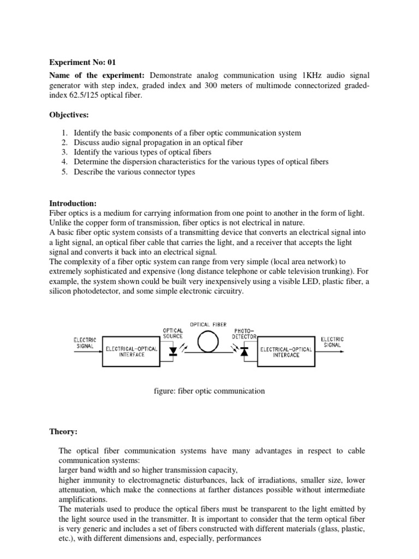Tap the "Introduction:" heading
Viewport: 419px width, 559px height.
coord(73,203)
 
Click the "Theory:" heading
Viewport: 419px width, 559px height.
coord(63,432)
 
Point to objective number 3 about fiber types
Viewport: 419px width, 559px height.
coord(142,152)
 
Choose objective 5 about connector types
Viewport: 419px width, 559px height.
coord(134,172)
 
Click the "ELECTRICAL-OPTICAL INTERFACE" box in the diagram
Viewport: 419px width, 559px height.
coord(131,351)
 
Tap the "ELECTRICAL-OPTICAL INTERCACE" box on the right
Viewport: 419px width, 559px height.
coord(286,351)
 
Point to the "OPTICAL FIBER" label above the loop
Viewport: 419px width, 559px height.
coord(208,324)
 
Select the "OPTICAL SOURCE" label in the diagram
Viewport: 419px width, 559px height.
coord(172,334)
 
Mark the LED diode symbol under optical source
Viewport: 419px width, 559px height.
coord(173,352)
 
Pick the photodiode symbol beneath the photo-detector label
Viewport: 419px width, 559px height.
coord(243,351)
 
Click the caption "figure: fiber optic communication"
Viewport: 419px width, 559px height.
coord(209,391)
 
